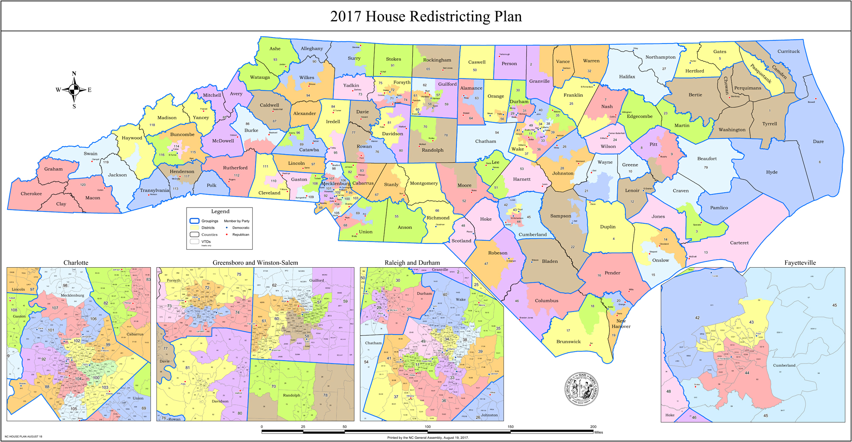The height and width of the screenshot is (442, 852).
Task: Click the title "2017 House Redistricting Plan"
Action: (x=426, y=16)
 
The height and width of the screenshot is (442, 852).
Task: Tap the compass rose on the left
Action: (x=74, y=90)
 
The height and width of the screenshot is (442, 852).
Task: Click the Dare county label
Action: (x=818, y=142)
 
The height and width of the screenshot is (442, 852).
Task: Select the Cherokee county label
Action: (x=31, y=194)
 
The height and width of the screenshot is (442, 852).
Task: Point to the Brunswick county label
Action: (x=568, y=341)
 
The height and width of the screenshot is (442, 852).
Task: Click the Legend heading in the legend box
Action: (x=220, y=211)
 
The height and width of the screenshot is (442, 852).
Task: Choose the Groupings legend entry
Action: (x=209, y=221)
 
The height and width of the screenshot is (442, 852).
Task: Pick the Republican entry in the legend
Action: (x=241, y=234)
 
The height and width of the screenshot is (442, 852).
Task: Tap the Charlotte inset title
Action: (x=76, y=263)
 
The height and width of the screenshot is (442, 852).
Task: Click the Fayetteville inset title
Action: (x=800, y=263)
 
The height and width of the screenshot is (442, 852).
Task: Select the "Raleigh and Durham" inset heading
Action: (x=412, y=263)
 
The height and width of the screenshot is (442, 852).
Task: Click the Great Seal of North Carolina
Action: (x=581, y=389)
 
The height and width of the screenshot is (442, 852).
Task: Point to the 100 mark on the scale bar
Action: (x=427, y=427)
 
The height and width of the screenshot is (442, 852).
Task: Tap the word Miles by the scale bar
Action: (x=598, y=432)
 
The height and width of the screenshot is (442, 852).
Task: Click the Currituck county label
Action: (x=789, y=51)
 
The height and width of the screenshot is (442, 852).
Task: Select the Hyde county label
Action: (x=771, y=172)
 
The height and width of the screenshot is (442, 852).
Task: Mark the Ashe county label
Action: (x=275, y=49)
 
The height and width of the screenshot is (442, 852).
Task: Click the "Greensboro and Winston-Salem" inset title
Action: (x=255, y=263)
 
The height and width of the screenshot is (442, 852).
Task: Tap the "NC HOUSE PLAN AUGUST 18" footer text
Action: (x=23, y=436)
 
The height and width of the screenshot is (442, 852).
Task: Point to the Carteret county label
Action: (x=739, y=243)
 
